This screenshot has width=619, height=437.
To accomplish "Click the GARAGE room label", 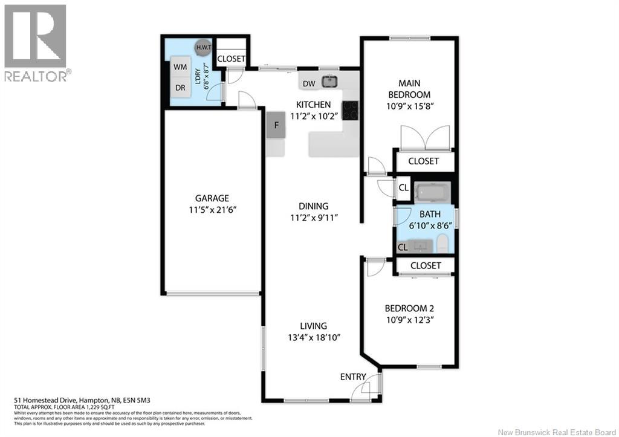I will (212, 198).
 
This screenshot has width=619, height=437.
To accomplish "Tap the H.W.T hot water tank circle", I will (201, 47).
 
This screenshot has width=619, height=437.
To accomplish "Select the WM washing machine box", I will (180, 66).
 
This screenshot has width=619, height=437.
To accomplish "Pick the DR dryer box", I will (180, 88).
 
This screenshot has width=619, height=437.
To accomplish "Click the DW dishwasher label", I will (308, 84).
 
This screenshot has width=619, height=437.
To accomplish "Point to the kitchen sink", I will (329, 81).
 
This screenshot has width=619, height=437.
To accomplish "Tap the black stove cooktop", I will (351, 110).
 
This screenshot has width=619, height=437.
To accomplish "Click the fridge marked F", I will (276, 126).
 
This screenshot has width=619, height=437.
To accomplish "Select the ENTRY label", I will (353, 377).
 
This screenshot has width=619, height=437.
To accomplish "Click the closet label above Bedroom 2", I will (425, 265).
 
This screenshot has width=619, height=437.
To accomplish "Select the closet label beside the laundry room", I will (232, 59).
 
